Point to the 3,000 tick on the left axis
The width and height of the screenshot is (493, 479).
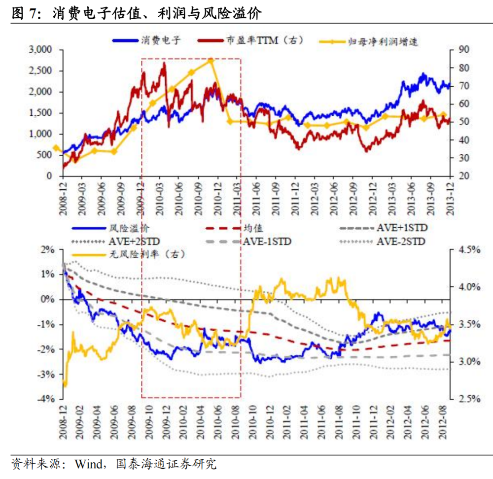pos(41,50)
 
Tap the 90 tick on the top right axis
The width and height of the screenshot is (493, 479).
pos(465,50)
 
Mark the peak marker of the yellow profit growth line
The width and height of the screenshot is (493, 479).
pos(211,61)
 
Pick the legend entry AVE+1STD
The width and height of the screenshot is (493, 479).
pos(402,229)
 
